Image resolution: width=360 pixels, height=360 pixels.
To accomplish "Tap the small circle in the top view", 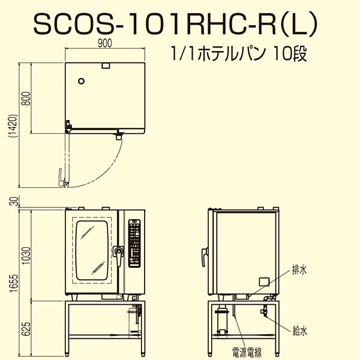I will pyautogui.click(x=83, y=79).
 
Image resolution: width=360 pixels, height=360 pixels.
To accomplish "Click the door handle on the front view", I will pyautogui.click(x=120, y=254).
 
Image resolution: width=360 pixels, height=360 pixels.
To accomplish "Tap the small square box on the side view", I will pyautogui.click(x=263, y=281).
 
